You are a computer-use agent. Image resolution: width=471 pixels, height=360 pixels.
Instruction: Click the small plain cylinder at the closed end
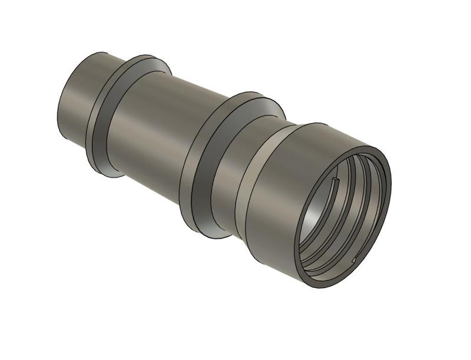[x=79, y=100]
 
